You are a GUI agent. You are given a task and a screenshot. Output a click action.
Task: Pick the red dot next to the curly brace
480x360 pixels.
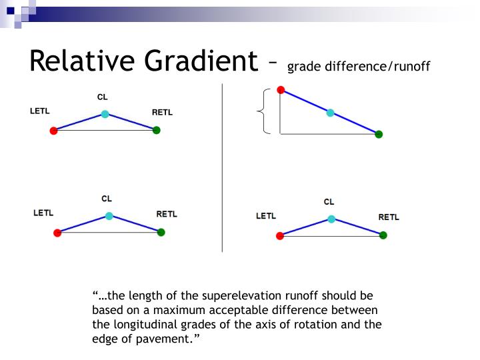[281, 90]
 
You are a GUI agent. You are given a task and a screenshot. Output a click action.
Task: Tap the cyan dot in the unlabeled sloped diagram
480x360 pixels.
[330, 113]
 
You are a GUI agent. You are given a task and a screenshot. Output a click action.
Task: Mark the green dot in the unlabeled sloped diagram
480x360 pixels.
[379, 134]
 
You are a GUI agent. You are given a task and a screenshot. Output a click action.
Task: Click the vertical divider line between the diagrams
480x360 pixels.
[222, 167]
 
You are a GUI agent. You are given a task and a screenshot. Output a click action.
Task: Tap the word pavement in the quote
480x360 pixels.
[165, 339]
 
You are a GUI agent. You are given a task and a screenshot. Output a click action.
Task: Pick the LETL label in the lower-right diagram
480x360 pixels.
[265, 216]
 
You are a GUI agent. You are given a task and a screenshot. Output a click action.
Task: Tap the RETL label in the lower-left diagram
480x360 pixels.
[167, 214]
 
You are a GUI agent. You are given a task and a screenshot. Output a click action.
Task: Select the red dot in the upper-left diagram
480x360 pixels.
[53, 131]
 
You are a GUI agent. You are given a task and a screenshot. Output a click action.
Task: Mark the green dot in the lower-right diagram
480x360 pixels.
[383, 235]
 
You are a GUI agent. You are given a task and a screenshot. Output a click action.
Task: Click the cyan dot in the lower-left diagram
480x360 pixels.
[109, 216]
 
